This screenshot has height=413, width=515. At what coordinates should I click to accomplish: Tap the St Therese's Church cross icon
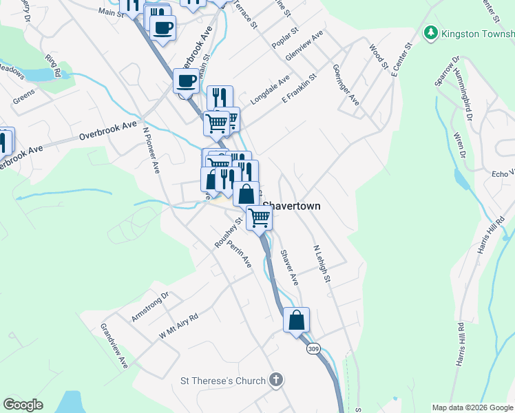(x=275, y=379)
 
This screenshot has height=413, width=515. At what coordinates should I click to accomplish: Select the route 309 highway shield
(x=314, y=349)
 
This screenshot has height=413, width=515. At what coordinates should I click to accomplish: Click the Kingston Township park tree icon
(x=431, y=32)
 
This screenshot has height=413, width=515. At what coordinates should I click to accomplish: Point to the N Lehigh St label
(x=322, y=264)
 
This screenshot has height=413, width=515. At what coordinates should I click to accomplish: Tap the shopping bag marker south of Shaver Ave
(x=296, y=319)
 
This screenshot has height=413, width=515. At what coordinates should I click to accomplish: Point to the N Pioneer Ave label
(x=151, y=148)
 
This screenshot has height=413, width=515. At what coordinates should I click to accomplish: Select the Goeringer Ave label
(x=346, y=85)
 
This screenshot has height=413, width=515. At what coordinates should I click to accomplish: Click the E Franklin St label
(x=297, y=89)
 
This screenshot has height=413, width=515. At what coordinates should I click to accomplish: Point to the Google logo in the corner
(x=23, y=405)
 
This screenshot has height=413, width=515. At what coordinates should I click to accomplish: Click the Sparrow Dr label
(x=447, y=76)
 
